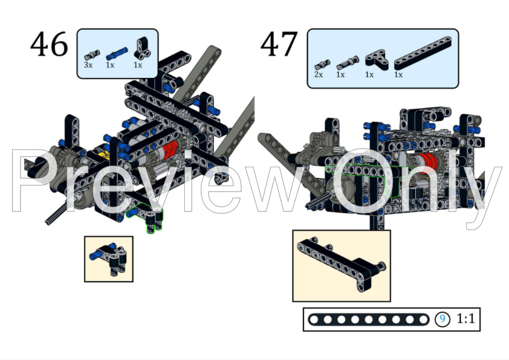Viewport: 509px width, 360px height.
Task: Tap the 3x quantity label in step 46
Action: point(88,65)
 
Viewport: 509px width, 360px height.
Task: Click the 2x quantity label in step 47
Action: point(319,74)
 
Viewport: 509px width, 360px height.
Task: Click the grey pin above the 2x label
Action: point(320,63)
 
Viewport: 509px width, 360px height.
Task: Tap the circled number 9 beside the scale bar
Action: point(443,319)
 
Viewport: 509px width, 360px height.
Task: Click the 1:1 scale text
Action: point(465,319)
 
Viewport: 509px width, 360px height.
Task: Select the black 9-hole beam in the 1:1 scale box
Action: point(369,319)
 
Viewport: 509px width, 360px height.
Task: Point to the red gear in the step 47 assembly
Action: point(427,162)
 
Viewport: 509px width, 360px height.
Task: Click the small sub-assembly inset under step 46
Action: point(108,258)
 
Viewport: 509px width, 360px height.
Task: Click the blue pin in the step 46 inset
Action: point(95,256)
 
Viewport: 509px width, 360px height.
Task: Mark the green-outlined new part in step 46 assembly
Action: point(148,219)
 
